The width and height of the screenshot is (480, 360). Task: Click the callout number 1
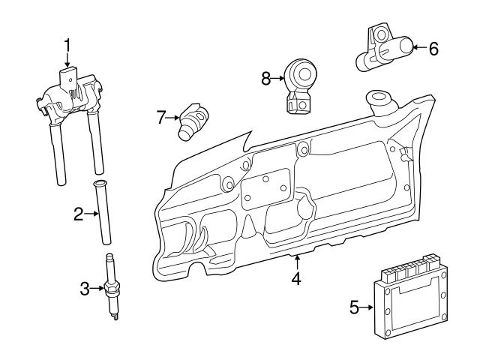pos(67,46)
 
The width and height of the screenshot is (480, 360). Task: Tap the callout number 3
pos(85,286)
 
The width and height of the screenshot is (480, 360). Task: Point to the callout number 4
pos(296,279)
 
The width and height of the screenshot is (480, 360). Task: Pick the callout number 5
pos(354,306)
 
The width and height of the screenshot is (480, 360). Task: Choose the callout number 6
pos(433,49)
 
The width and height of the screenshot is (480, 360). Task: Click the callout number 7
pos(160,118)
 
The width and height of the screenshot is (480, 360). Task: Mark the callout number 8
pos(265,76)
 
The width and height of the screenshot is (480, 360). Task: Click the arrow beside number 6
pos(418,49)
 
